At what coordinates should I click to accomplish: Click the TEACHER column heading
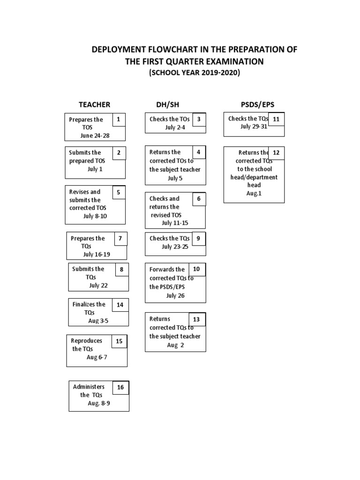[x=94, y=104]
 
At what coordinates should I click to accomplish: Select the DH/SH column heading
[x=167, y=104]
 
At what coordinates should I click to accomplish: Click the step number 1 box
[x=119, y=120]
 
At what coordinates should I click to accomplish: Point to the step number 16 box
[x=120, y=388]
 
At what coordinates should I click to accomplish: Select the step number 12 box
[x=276, y=153]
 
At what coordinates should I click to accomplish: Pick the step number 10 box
[x=196, y=269]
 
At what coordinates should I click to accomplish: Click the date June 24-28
[x=95, y=136]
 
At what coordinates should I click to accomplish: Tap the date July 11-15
[x=175, y=223]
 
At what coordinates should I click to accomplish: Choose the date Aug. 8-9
[x=99, y=403]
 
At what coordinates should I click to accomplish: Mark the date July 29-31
[x=254, y=127]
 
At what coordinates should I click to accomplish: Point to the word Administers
[x=89, y=387]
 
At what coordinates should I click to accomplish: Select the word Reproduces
[x=87, y=341]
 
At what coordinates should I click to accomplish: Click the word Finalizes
[x=89, y=304]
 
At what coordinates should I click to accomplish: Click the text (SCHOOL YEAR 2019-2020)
[x=194, y=73]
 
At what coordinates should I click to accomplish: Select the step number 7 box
[x=120, y=239]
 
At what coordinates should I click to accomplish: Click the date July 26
[x=175, y=296]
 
